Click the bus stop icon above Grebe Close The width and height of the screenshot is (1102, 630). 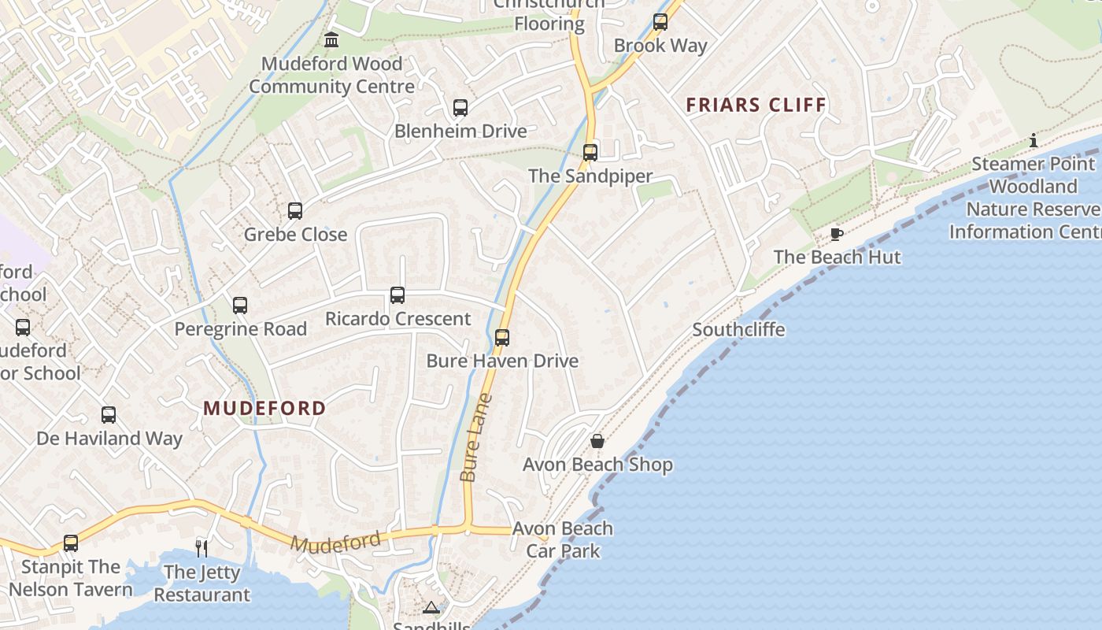coord(295,211)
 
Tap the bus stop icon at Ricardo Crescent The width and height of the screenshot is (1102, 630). coord(398,295)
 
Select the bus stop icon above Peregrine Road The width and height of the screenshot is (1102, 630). coord(240,306)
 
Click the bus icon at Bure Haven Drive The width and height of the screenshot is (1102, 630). coord(502,338)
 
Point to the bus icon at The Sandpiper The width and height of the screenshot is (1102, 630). coord(590,153)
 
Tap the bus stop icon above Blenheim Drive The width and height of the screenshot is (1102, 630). coord(460,108)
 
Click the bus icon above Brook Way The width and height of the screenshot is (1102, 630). coord(660,22)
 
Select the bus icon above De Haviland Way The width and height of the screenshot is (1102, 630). coord(109,415)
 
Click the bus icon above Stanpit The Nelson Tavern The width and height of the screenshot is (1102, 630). coord(71,543)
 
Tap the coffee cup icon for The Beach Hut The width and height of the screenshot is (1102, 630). coord(837,234)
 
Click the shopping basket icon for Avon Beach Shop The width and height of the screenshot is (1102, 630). coord(597,441)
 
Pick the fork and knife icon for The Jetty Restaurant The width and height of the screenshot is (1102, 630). coord(202,548)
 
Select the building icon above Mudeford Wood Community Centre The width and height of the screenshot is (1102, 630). coord(331,40)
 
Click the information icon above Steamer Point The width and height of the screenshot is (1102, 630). coord(1034,141)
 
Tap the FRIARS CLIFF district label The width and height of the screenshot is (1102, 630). coord(756,105)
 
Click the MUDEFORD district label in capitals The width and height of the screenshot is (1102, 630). coord(264,408)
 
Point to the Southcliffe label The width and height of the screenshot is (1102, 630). coord(738,329)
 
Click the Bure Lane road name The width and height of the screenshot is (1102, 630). coord(476,438)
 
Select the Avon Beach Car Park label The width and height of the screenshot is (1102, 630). coord(563,539)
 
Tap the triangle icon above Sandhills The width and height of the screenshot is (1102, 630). coord(431,607)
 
